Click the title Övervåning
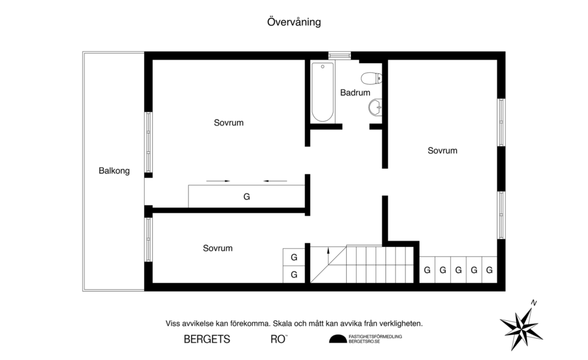tap(293, 22)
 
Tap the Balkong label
tap(114, 171)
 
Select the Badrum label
tap(355, 92)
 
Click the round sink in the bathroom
tap(375, 106)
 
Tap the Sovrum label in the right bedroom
tap(442, 150)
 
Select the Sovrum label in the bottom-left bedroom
tap(218, 248)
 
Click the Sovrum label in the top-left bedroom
tap(229, 122)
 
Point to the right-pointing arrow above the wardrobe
tap(218, 181)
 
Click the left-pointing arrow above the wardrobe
tap(275, 181)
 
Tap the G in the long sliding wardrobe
tap(246, 196)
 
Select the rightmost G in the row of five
tap(489, 270)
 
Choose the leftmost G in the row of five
tap(427, 270)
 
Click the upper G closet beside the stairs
tap(293, 257)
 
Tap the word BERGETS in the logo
tap(207, 339)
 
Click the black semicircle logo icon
tap(338, 339)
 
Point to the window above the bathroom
tap(339, 55)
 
